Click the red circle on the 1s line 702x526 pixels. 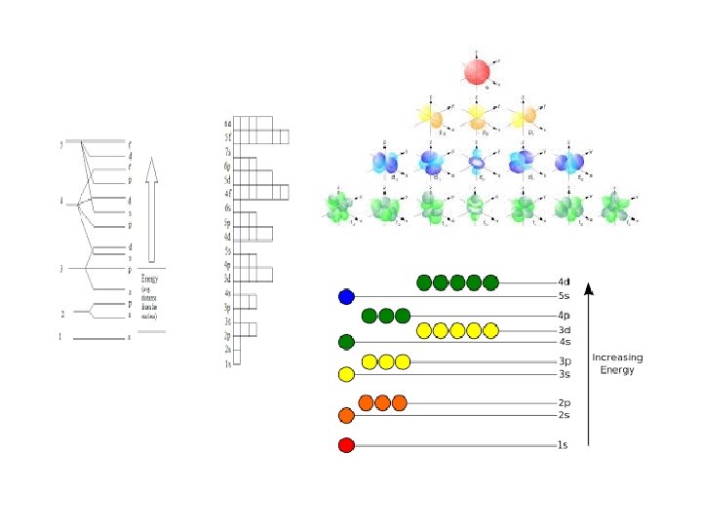[345, 445]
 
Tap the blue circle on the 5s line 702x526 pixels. [345, 297]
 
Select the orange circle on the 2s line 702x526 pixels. [345, 416]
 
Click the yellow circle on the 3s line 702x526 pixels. [345, 374]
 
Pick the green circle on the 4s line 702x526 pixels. [345, 342]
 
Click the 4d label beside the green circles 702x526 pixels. [564, 282]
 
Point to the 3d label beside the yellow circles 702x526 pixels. [564, 330]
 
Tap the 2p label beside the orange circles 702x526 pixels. [564, 402]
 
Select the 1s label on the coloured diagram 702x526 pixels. [564, 445]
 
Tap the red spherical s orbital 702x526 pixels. [477, 72]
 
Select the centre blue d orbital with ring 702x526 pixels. [477, 163]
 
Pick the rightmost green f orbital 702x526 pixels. [614, 207]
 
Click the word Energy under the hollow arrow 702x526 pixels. [150, 280]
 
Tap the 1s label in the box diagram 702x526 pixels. [227, 363]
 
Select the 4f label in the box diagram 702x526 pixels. [227, 193]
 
